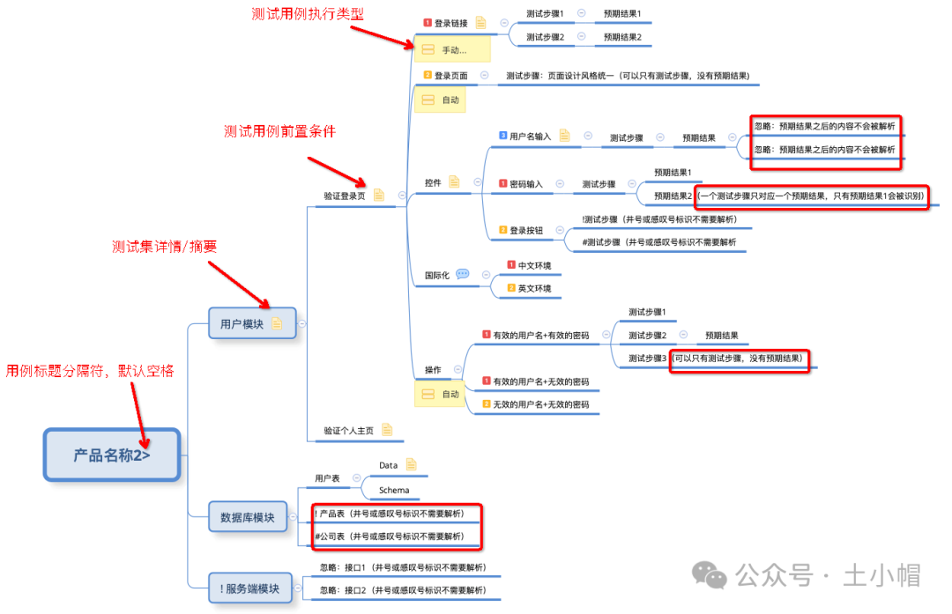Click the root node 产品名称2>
[112, 455]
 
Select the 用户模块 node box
[242, 323]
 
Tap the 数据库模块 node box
[242, 517]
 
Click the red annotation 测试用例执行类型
[307, 14]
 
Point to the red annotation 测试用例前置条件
[279, 131]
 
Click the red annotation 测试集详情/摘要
[165, 247]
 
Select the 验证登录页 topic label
[344, 196]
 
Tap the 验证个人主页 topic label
[348, 431]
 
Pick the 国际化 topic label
[436, 275]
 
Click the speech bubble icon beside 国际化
[463, 274]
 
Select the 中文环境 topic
[534, 265]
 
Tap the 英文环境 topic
[534, 288]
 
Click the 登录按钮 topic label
[526, 230]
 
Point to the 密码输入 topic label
[526, 184]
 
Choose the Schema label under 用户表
[393, 490]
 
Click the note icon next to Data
[411, 464]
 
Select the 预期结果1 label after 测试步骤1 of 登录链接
[622, 14]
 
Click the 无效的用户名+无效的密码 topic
[540, 404]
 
